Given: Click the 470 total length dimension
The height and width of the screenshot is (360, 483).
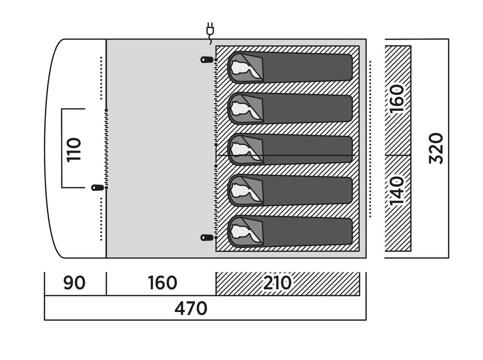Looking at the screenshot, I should point(190,308).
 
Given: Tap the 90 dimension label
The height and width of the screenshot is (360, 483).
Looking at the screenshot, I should point(74,283).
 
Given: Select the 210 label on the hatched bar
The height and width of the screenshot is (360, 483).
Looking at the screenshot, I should point(277,283).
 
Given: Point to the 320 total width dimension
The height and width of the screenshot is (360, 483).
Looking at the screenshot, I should point(436,148).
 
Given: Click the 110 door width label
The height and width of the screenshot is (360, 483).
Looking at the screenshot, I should point(74,149).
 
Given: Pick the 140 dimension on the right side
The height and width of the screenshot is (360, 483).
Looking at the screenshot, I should point(397,190).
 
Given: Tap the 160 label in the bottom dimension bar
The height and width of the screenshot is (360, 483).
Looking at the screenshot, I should point(162,283).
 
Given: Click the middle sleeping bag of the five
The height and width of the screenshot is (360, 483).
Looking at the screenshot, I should point(290,149).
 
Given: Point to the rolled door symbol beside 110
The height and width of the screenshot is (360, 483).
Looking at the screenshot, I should point(97,187).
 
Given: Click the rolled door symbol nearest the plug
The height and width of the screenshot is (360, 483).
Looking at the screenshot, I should point(206,60).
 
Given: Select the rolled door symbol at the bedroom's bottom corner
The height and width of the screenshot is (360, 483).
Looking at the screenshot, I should point(206,238).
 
